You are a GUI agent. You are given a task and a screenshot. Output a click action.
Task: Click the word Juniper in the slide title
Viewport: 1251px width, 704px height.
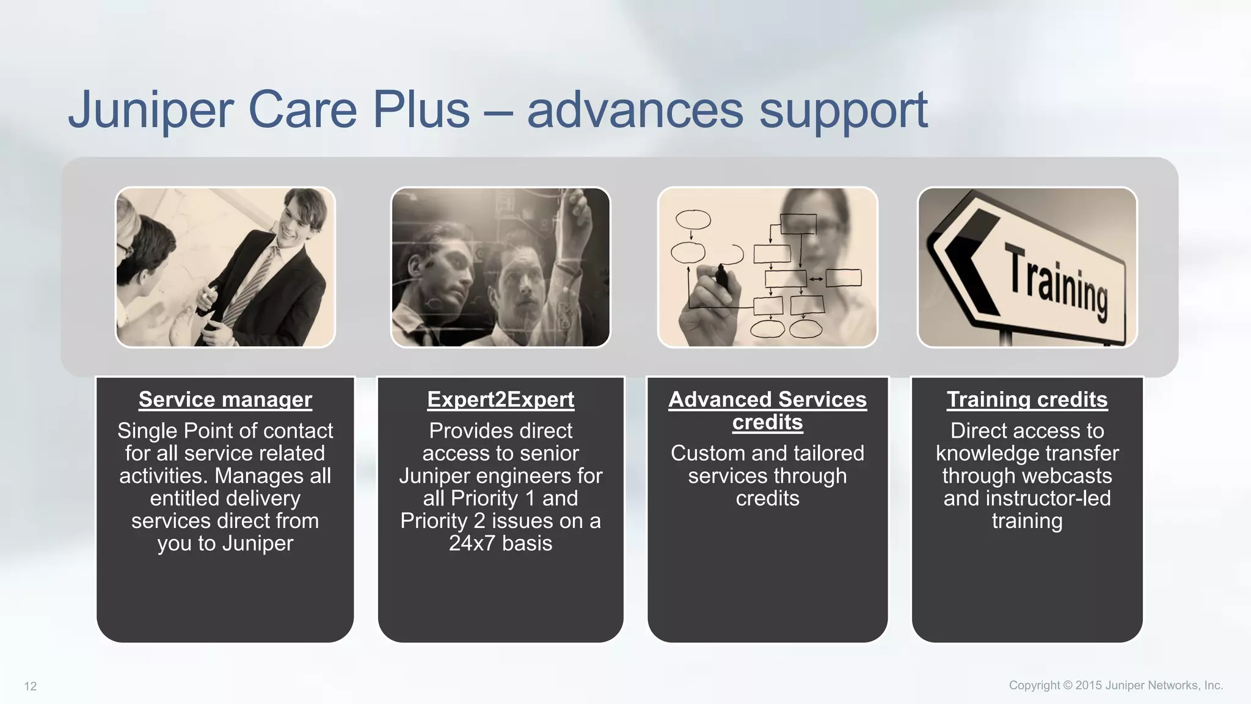(x=150, y=110)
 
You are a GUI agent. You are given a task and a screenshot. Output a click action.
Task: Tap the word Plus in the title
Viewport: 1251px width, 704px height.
(x=421, y=110)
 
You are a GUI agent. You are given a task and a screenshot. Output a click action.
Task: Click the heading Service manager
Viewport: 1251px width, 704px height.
(x=225, y=400)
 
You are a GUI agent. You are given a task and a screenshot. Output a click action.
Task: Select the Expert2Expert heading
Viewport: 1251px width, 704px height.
(x=500, y=400)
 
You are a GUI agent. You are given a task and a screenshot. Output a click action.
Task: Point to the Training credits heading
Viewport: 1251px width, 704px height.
(x=1027, y=400)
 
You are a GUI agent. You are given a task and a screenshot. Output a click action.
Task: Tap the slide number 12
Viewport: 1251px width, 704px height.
(x=31, y=686)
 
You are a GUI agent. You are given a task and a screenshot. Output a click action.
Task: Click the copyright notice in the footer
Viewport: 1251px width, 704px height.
(x=1115, y=685)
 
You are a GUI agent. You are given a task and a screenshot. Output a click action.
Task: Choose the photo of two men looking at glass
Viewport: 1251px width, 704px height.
(x=500, y=267)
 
